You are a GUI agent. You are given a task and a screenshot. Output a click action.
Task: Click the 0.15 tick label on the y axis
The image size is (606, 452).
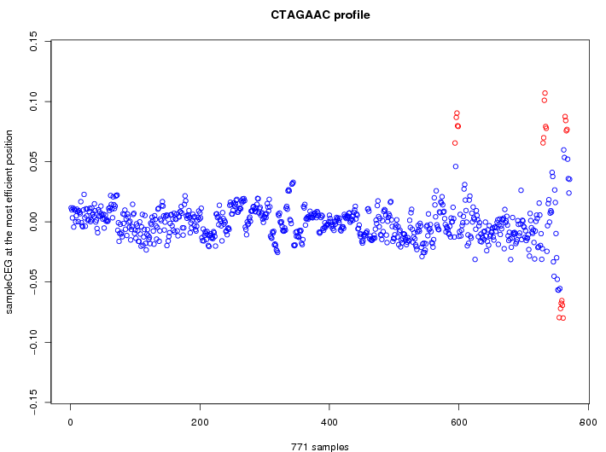pos(33,41)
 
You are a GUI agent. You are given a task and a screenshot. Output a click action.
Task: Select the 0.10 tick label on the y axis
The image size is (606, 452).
pos(33,101)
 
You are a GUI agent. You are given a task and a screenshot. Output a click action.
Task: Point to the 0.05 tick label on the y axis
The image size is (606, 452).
pos(33,161)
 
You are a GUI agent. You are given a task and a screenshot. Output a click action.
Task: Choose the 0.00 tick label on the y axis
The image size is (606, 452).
pos(33,222)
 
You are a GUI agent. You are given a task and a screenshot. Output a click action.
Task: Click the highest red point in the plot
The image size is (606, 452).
pos(545,93)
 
